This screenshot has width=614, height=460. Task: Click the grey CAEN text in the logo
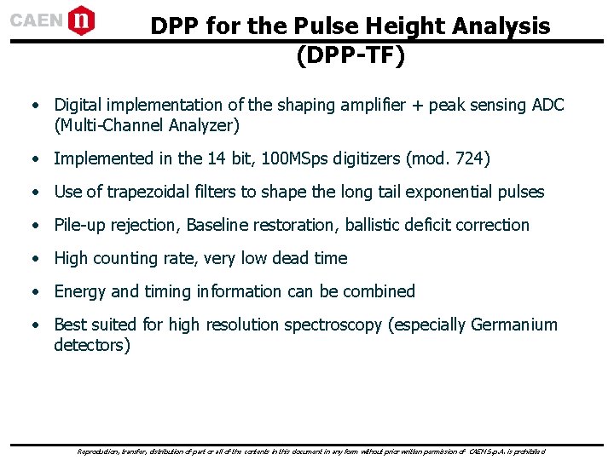pos(37,20)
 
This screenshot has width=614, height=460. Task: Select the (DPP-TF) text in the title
pos(350,56)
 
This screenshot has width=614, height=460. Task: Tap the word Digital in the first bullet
pos(80,105)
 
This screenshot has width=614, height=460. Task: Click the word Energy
pos(81,291)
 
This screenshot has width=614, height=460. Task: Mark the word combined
pos(379,291)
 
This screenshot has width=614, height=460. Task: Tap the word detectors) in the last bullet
pos(92,346)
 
